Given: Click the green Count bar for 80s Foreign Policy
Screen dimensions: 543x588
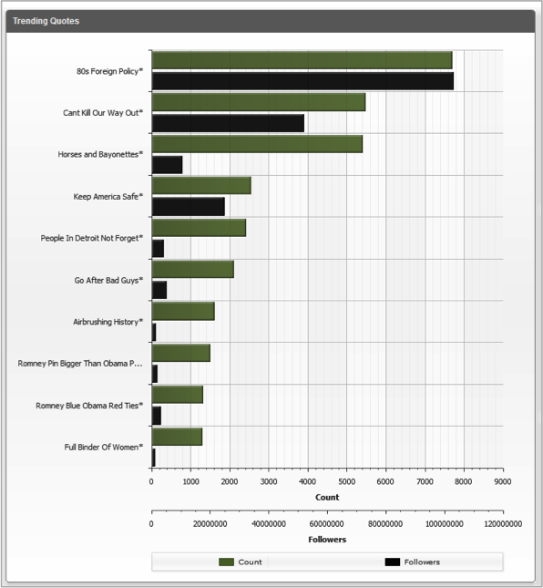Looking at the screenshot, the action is click(x=302, y=60).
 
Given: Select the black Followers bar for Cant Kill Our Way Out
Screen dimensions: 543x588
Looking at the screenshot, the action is click(x=228, y=123).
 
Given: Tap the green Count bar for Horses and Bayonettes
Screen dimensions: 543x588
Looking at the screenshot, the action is click(x=258, y=144).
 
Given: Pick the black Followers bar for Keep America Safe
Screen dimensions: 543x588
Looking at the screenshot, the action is click(x=189, y=207).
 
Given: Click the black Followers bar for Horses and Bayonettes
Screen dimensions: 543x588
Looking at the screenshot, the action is click(x=167, y=165).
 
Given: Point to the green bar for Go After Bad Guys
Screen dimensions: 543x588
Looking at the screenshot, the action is click(x=193, y=269).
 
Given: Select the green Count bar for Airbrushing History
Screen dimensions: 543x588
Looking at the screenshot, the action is click(x=183, y=311).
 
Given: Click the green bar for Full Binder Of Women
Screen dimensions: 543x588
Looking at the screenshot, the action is click(x=178, y=437).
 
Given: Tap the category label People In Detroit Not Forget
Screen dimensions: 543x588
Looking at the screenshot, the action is click(x=92, y=238).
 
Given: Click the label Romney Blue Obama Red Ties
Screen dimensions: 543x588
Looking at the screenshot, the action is click(x=89, y=406).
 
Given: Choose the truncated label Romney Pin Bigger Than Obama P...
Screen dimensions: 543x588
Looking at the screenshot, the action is click(x=80, y=364).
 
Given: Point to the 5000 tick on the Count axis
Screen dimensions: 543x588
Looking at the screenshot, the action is click(x=346, y=481).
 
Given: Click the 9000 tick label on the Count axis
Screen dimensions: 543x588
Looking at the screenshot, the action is click(x=503, y=481).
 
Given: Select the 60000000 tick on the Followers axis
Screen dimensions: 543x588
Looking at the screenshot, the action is click(x=327, y=524).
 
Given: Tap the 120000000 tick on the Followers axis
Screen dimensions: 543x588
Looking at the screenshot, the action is click(x=503, y=524).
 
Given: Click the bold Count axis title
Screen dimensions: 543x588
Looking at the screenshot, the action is click(x=327, y=498).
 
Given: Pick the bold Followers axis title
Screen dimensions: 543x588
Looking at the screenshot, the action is click(x=327, y=540).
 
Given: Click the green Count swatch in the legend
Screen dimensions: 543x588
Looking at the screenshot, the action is click(x=226, y=562).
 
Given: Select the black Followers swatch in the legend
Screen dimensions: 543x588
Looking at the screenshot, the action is click(x=393, y=562).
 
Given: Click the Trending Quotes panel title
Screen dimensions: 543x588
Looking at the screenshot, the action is click(x=46, y=21).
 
